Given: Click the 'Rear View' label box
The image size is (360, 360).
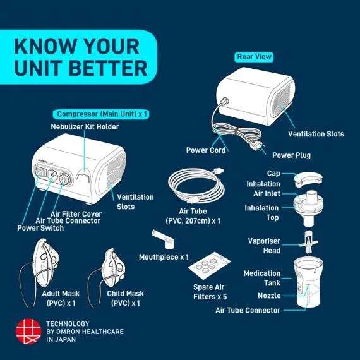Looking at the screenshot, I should click(x=255, y=57).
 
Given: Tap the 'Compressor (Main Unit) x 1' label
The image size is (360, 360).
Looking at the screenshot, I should click(x=102, y=114).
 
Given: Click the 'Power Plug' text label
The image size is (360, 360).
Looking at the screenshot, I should click(x=291, y=155).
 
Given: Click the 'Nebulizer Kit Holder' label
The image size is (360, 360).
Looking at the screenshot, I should click(x=85, y=127).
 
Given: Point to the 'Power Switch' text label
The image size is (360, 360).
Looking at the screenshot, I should click(x=40, y=228).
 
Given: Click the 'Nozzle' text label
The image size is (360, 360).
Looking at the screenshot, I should click(x=269, y=296).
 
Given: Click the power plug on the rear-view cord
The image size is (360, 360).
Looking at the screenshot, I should click(x=258, y=150).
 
